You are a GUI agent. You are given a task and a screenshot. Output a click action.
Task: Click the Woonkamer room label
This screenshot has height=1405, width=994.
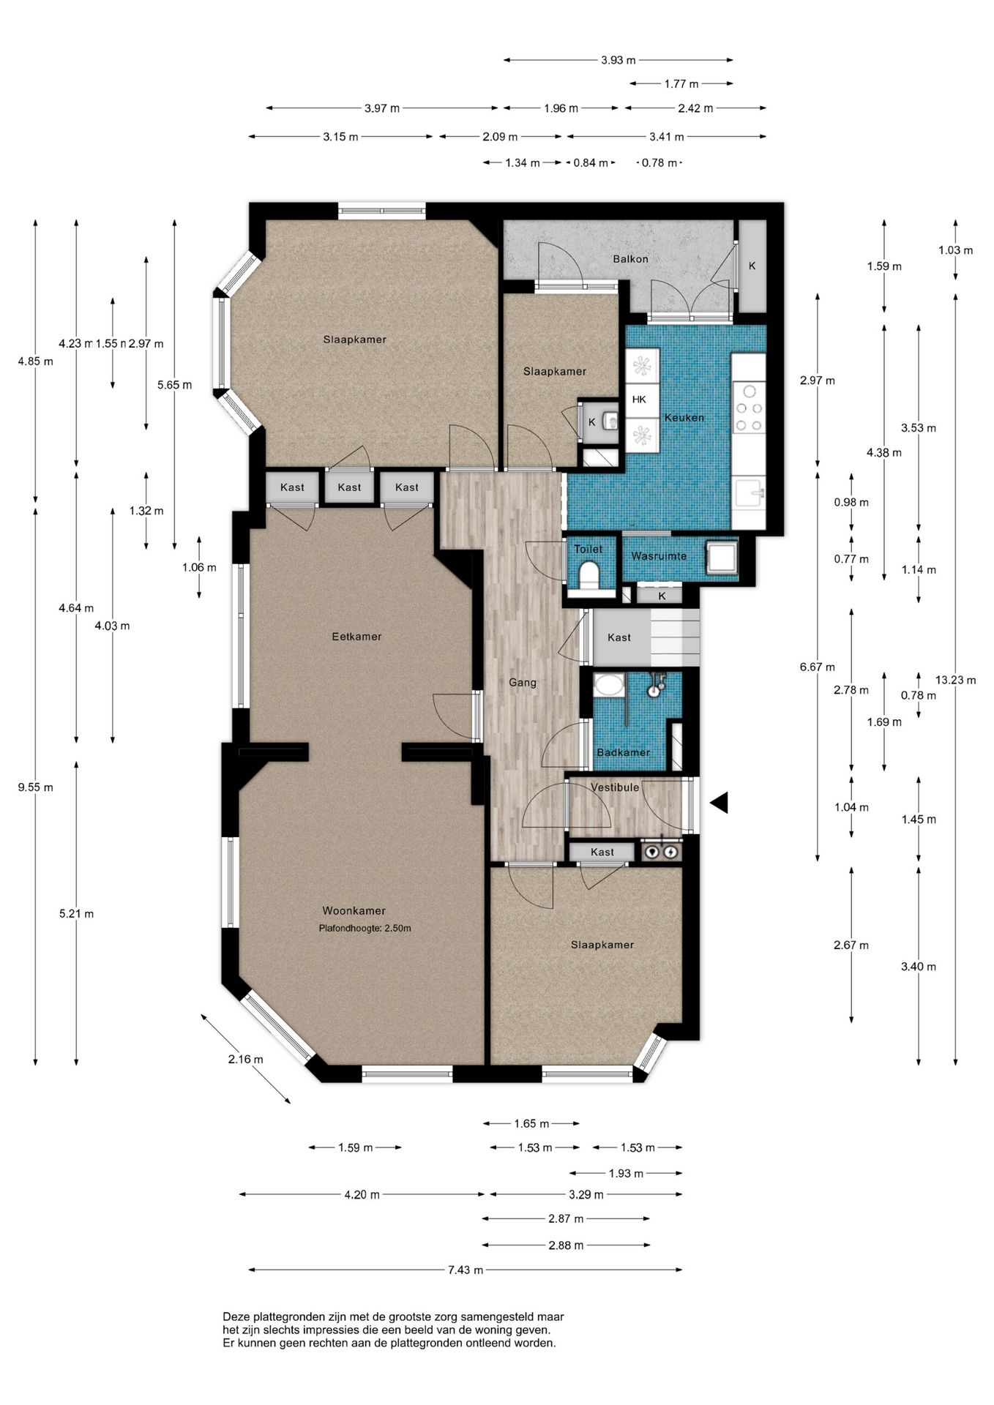pyautogui.click(x=354, y=911)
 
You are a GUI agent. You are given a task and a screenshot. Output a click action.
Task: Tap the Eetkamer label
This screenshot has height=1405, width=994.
pyautogui.click(x=356, y=637)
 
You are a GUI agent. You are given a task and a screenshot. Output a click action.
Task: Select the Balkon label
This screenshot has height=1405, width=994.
pyautogui.click(x=630, y=259)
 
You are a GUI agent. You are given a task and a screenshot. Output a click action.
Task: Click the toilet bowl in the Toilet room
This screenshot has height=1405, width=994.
pyautogui.click(x=588, y=574)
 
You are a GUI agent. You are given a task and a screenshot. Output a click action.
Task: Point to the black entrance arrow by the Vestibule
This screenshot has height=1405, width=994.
pyautogui.click(x=719, y=803)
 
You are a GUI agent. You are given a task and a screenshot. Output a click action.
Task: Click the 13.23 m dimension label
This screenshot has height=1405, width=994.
pyautogui.click(x=955, y=680)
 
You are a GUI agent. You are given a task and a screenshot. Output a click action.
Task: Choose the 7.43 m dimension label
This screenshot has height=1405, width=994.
pyautogui.click(x=466, y=1270)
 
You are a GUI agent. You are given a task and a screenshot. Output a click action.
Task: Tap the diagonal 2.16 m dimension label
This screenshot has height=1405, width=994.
pyautogui.click(x=245, y=1059)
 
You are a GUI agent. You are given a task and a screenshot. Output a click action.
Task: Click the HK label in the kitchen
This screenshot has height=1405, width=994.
pyautogui.click(x=639, y=400)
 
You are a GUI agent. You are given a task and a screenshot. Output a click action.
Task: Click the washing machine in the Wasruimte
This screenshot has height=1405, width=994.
pyautogui.click(x=721, y=558)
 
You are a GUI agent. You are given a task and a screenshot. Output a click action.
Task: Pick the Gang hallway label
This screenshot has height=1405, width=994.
pyautogui.click(x=523, y=683)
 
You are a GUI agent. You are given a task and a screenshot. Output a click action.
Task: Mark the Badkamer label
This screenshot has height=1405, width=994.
pyautogui.click(x=623, y=752)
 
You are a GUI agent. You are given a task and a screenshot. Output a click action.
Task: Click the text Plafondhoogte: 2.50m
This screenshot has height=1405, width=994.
pyautogui.click(x=365, y=929)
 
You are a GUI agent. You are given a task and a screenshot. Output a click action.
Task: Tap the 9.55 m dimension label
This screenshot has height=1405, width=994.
pyautogui.click(x=36, y=787)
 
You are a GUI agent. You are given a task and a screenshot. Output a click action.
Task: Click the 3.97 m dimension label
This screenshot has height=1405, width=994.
pyautogui.click(x=382, y=108)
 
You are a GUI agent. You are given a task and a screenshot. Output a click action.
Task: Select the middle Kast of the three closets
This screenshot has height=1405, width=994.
pyautogui.click(x=349, y=487)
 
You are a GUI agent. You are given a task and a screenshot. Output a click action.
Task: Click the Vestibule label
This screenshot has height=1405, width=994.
pyautogui.click(x=615, y=787)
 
